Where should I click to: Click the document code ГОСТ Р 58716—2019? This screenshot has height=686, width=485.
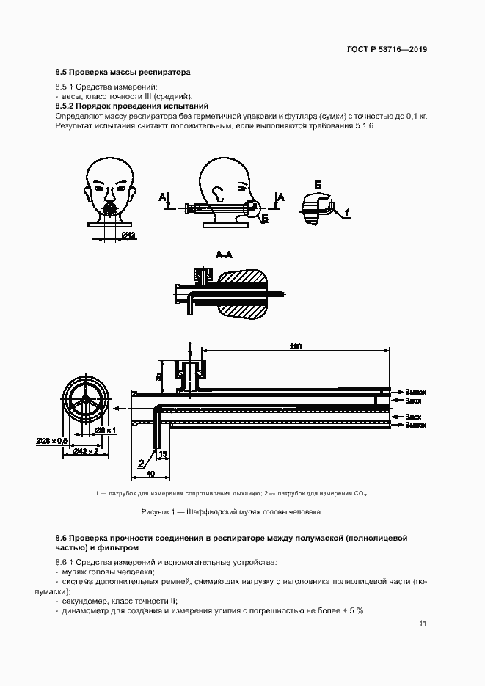coord(387,50)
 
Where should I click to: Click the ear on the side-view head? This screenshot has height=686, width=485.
coord(219,194)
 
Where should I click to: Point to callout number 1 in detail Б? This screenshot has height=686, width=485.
coord(347,213)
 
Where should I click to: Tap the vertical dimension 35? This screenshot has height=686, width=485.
coord(159,376)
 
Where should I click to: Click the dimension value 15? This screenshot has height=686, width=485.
coord(162,455)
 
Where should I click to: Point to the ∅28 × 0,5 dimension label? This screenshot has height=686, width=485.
coord(51,441)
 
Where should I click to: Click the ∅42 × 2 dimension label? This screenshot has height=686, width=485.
coord(84,451)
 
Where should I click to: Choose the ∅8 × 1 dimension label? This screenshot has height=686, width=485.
coord(106,430)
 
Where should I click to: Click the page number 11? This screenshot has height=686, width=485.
coord(423,624)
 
